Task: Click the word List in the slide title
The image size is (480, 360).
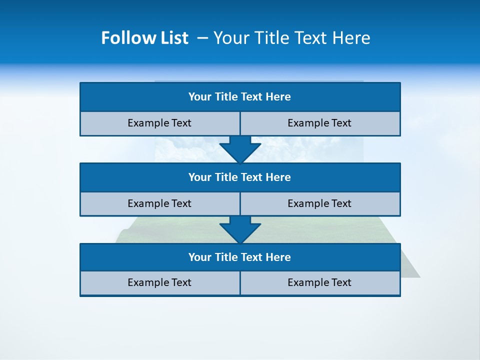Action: [171, 38]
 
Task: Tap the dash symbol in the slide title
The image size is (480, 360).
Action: [202, 38]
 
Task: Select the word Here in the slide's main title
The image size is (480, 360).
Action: [352, 38]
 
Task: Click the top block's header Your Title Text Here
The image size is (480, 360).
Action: [239, 97]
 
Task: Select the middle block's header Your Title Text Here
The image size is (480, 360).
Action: [239, 177]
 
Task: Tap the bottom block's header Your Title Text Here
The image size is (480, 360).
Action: [239, 257]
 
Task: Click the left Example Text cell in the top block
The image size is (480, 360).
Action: [159, 123]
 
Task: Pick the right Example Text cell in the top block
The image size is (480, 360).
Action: [319, 123]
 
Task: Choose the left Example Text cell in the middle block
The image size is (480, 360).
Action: [159, 203]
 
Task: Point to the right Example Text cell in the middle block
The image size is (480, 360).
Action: [319, 203]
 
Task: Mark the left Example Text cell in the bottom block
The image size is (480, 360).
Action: [159, 282]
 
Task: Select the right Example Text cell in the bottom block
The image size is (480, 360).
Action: [319, 282]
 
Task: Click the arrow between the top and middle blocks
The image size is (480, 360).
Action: [240, 149]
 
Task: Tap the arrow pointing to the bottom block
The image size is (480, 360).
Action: [240, 229]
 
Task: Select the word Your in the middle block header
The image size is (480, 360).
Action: [200, 177]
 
